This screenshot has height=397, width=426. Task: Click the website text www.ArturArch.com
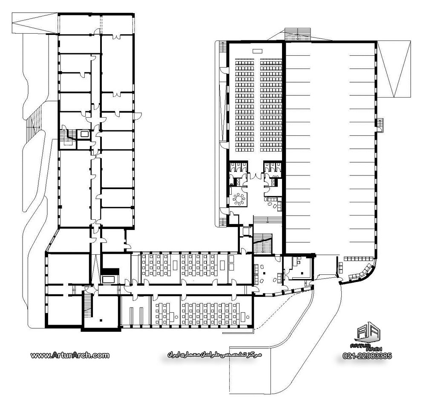tap(70, 355)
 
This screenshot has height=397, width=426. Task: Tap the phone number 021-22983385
tap(367, 356)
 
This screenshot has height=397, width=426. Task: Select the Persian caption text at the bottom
tap(214, 355)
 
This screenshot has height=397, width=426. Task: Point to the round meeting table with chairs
tap(239, 198)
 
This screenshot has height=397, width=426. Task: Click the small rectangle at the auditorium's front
tap(257, 51)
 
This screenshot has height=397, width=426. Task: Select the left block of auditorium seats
tap(245, 105)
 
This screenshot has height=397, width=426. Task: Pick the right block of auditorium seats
tap(271, 105)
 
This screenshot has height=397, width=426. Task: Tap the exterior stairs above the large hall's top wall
tap(297, 34)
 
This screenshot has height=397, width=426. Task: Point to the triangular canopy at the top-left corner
tap(35, 23)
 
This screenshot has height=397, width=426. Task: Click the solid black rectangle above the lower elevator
tap(110, 271)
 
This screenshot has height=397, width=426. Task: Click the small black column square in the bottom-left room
tap(101, 321)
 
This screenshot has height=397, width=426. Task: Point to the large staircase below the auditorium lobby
tap(263, 244)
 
